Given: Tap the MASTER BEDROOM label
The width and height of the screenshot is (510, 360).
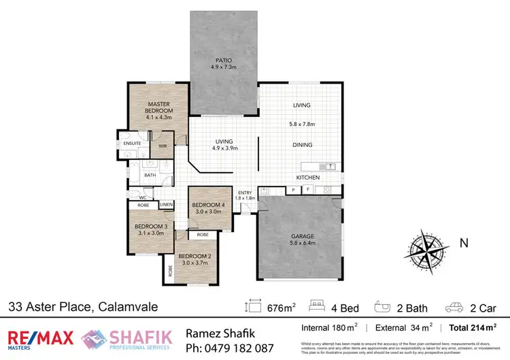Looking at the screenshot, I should point(160,107).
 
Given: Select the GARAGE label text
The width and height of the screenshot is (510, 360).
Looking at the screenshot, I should point(298,236).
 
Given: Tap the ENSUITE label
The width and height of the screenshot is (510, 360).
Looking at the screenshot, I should point(132,144).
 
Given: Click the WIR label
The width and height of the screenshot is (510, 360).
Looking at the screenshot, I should point(163,145).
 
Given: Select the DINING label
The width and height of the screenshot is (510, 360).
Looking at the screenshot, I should point(302,144).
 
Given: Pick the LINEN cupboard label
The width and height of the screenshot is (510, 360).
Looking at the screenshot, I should point(167,204).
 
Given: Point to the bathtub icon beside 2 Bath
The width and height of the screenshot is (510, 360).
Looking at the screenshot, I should point(385,308).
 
